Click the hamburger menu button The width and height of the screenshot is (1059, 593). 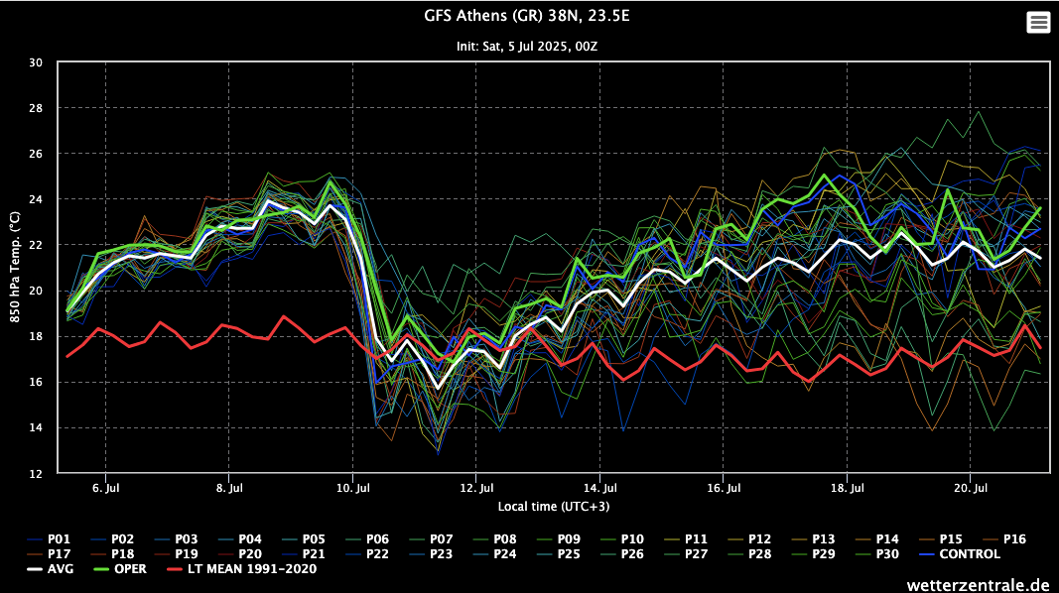[x=1038, y=22]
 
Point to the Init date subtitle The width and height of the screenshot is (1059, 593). [x=529, y=46]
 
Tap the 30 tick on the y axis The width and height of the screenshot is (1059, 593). [x=36, y=62]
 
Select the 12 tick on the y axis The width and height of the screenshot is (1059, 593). [x=36, y=474]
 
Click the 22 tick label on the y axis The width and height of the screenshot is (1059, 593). [x=36, y=245]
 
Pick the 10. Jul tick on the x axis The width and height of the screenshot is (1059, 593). [x=353, y=488]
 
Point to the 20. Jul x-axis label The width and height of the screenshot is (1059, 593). [x=971, y=488]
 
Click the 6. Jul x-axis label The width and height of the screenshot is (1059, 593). [x=106, y=488]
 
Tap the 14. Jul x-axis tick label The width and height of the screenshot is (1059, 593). [x=600, y=488]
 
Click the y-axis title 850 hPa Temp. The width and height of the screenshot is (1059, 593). [x=14, y=268]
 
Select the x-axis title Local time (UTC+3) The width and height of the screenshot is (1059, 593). [x=553, y=507]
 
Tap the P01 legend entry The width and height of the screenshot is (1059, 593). [x=53, y=539]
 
